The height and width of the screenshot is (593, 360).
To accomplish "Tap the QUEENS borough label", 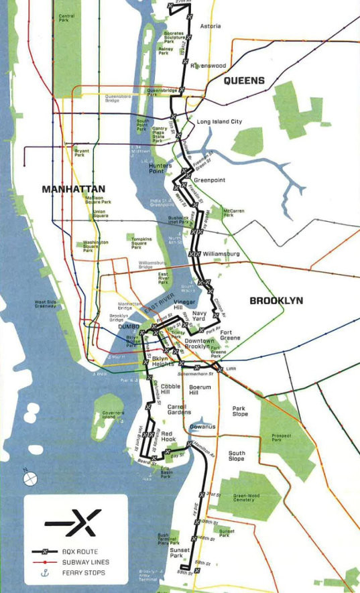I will pyautogui.click(x=244, y=81).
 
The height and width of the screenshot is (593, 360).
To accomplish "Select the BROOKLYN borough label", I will pyautogui.click(x=276, y=301).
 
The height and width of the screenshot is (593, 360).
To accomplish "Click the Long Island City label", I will pyautogui.click(x=219, y=122).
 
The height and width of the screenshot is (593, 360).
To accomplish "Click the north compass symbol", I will pyautogui.click(x=29, y=478).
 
